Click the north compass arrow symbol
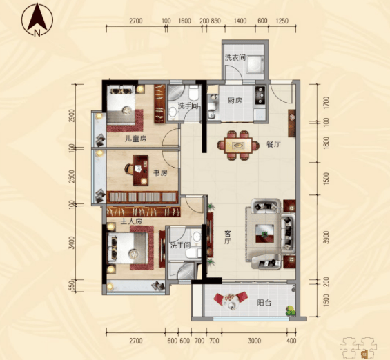point(37,19)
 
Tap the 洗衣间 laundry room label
point(235,58)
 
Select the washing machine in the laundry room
point(254,65)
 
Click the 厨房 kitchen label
point(235,101)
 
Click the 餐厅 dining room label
point(273,144)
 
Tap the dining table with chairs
point(238,146)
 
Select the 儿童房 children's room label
point(135,139)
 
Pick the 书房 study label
point(160,173)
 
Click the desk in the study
point(141,170)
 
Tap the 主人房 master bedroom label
point(131,221)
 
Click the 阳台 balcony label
point(264,303)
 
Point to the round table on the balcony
point(231,301)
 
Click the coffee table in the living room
point(264,234)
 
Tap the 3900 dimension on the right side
point(326,237)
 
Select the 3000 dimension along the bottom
point(255,341)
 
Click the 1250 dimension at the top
point(282,21)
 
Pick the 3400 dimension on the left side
point(72,243)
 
